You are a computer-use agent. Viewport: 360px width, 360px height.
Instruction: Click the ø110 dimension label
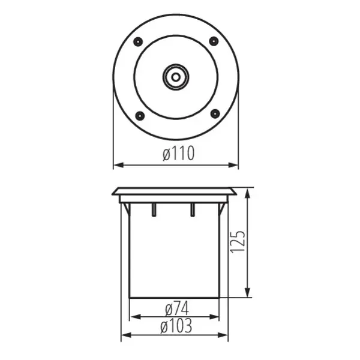[x=178, y=154]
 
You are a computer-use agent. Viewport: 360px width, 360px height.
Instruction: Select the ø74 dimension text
[x=176, y=309]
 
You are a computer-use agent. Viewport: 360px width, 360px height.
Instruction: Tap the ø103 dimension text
[x=176, y=327]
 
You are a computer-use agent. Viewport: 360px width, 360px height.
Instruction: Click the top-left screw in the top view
[x=138, y=41]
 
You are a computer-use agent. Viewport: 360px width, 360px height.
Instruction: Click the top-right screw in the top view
[x=214, y=41]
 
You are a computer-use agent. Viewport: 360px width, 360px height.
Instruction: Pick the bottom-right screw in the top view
[x=214, y=113]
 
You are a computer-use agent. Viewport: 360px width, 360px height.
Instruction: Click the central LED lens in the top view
[x=176, y=77]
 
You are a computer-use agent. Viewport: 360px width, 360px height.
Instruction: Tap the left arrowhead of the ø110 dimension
[x=118, y=164]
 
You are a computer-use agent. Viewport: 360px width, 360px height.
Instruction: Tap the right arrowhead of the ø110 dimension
[x=235, y=164]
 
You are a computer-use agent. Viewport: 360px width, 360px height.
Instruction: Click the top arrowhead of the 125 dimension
[x=248, y=192]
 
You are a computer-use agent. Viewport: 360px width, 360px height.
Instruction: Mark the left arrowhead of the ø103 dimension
[x=125, y=335]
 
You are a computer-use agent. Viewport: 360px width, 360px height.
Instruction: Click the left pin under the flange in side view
[x=154, y=209]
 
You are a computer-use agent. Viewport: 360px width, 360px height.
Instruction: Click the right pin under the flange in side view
[x=193, y=209]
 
